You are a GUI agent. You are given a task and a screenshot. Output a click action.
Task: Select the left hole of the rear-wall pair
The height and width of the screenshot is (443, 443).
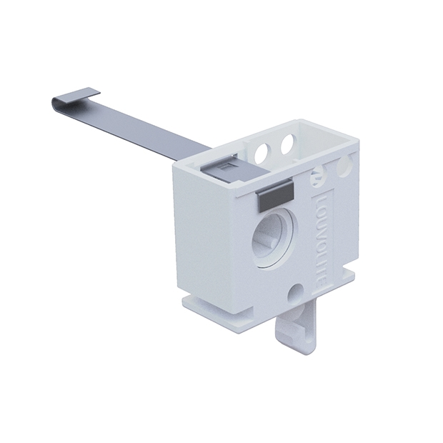[x=261, y=150]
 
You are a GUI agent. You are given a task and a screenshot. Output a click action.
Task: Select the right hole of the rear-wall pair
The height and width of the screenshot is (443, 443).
[x=288, y=144]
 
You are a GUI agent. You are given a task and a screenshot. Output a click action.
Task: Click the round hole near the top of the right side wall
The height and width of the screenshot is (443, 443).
[x=344, y=167]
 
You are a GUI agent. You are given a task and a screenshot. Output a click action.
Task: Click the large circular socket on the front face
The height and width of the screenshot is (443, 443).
[x=274, y=237]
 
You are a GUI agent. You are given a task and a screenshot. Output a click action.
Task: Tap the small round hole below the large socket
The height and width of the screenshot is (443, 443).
[x=295, y=292]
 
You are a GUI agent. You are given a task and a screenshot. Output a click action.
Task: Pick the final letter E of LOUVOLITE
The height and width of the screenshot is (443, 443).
[x=322, y=283]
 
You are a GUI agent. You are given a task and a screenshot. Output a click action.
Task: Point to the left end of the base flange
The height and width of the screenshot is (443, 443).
[x=186, y=302]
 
